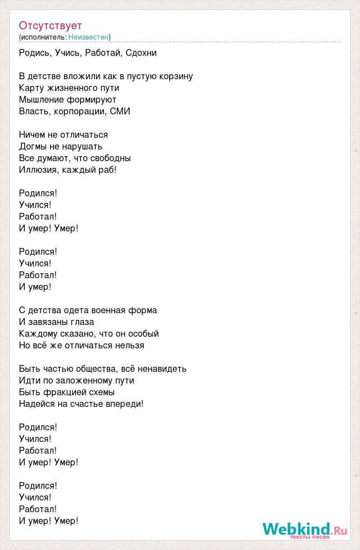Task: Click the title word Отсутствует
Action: (50, 25)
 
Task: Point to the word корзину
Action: (176, 76)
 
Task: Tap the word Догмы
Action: (32, 146)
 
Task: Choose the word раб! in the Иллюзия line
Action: (108, 170)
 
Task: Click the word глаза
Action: (82, 322)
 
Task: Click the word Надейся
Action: (37, 404)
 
